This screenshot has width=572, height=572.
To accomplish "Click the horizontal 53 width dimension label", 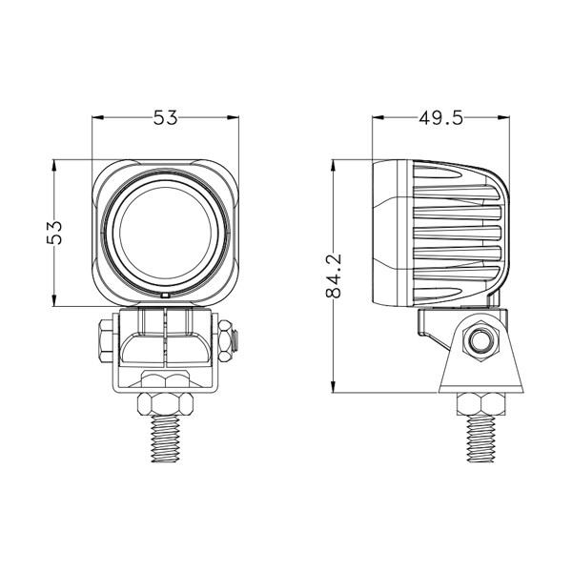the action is [x=165, y=118].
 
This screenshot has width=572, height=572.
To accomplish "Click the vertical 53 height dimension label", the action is [x=54, y=233].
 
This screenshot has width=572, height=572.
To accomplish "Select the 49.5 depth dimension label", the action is [x=440, y=118].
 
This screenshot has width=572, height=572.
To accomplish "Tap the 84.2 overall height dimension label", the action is [x=334, y=276].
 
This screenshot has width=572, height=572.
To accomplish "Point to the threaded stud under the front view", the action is [x=165, y=439].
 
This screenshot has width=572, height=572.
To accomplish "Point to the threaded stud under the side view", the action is [x=481, y=439].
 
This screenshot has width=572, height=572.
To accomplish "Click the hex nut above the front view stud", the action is [x=165, y=404].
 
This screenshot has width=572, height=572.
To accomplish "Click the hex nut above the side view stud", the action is [x=481, y=404].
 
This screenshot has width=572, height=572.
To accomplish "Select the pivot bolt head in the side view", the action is [x=480, y=341].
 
